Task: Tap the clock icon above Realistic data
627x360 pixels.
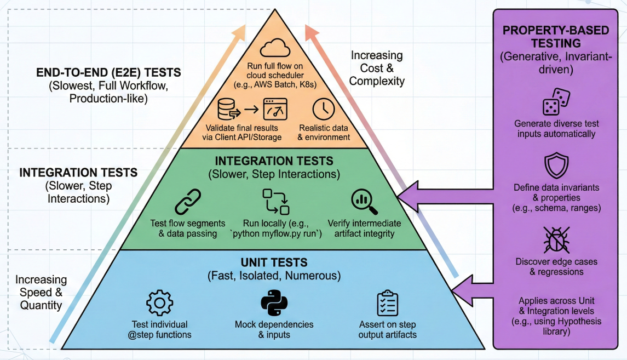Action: (x=323, y=108)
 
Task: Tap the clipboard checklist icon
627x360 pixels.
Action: (x=387, y=303)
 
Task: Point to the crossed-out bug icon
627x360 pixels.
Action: (x=556, y=239)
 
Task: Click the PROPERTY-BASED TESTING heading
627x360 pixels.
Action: (x=556, y=37)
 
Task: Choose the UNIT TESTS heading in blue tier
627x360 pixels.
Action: (x=274, y=262)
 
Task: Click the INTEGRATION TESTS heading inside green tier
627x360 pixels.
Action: (x=274, y=161)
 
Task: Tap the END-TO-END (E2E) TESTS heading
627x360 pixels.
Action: (x=108, y=72)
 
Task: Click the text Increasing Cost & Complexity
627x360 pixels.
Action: (x=377, y=68)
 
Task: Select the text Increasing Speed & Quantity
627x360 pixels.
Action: (x=41, y=293)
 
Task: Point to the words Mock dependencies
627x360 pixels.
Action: (x=274, y=324)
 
